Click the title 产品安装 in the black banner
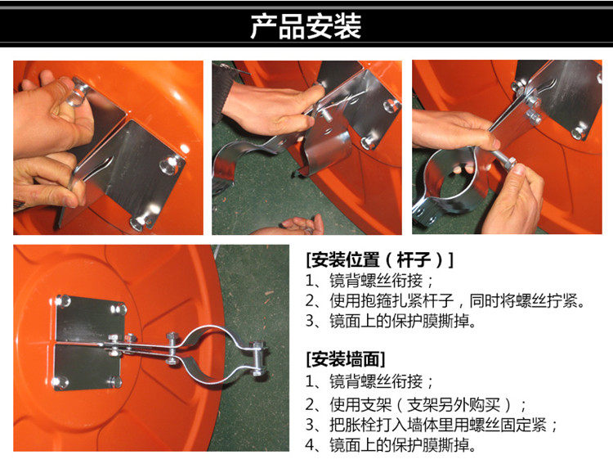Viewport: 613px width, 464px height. (x=306, y=26)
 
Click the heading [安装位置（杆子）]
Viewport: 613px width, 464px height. (x=379, y=259)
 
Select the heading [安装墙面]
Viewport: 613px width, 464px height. (x=346, y=358)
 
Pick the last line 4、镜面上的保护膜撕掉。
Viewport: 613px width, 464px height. (x=391, y=445)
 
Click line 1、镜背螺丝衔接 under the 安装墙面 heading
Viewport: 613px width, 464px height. (x=369, y=381)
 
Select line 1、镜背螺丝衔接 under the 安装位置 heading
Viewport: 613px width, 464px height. (x=369, y=281)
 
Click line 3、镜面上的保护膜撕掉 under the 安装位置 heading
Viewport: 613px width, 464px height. (x=391, y=321)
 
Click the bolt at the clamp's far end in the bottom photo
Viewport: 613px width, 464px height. (x=257, y=358)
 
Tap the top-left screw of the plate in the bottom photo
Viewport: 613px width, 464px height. (x=63, y=300)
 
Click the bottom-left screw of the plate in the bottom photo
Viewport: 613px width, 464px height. (x=60, y=382)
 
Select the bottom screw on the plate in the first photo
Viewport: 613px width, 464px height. (x=141, y=222)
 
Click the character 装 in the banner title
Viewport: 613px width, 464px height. (x=347, y=27)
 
